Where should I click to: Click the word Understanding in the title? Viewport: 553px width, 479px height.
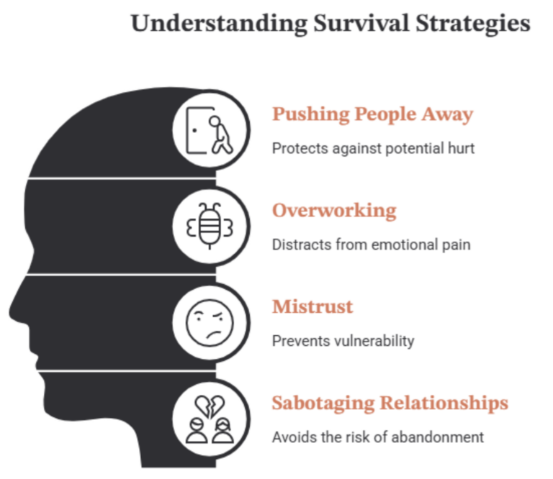pyautogui.click(x=219, y=24)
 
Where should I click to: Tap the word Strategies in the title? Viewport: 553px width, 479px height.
pyautogui.click(x=473, y=24)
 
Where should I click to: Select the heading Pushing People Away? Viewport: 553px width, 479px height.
pyautogui.click(x=372, y=114)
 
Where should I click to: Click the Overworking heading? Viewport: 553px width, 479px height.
pyautogui.click(x=334, y=211)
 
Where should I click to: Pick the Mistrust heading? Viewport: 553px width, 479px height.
pyautogui.click(x=313, y=306)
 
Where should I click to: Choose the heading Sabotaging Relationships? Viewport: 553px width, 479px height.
pyautogui.click(x=390, y=403)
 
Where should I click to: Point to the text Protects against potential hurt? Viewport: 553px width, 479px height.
pyautogui.click(x=373, y=148)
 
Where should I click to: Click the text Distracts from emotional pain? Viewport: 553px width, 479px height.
pyautogui.click(x=371, y=245)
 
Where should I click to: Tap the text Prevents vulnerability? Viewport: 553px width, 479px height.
pyautogui.click(x=343, y=341)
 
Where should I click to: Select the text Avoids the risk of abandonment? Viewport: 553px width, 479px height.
pyautogui.click(x=378, y=437)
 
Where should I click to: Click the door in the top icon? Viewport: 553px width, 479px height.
pyautogui.click(x=196, y=130)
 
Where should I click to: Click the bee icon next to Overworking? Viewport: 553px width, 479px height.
pyautogui.click(x=210, y=226)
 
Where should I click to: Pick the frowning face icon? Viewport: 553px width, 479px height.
pyautogui.click(x=210, y=323)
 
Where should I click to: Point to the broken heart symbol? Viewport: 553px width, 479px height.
pyautogui.click(x=210, y=406)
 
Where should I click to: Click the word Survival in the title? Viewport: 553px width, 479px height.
pyautogui.click(x=361, y=23)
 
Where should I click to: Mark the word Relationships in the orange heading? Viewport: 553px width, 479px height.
pyautogui.click(x=444, y=403)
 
